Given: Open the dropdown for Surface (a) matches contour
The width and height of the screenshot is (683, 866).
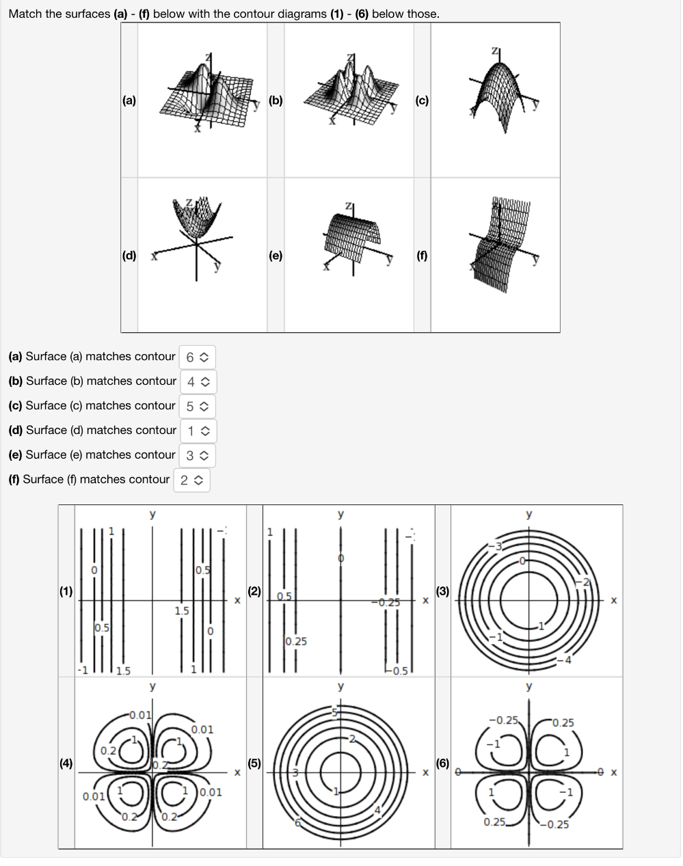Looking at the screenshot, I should [196, 357].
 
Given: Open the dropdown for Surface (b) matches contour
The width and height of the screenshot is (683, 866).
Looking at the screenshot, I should [197, 381].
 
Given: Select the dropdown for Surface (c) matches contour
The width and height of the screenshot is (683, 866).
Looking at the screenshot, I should [197, 406].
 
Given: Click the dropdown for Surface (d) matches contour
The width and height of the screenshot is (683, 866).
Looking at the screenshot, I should [198, 431].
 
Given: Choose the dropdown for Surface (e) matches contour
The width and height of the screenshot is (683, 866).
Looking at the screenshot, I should [197, 455].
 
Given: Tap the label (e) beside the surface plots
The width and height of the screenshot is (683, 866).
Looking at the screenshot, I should [276, 256].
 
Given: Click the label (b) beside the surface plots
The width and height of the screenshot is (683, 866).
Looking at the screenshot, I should [276, 100].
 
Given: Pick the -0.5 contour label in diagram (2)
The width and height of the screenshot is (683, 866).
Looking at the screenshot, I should [398, 671].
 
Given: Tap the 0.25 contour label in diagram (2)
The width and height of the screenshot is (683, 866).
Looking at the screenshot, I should [296, 641].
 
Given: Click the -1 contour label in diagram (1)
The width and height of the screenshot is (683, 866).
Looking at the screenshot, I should [82, 670].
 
